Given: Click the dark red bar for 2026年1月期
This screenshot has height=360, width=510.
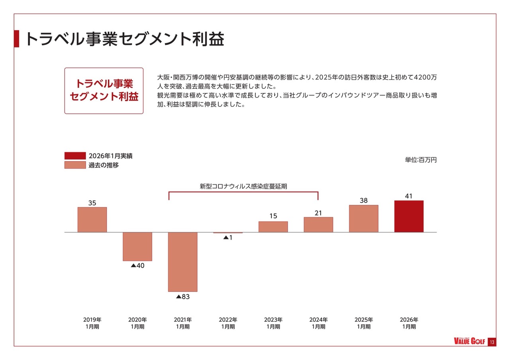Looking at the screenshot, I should tap(409, 216).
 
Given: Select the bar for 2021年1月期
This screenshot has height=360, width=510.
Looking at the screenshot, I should tap(182, 262).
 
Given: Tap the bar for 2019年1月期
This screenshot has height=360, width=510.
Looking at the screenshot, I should tap(92, 219).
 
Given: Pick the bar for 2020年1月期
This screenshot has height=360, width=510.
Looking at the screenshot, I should tap(137, 246).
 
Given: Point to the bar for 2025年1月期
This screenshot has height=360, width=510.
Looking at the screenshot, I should tap(363, 218).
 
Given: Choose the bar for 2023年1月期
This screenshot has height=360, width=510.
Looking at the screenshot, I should tap(273, 227).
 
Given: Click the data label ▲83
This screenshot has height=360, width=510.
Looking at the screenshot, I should tap(182, 297).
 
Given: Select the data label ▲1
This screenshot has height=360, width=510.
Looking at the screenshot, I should tap(228, 238).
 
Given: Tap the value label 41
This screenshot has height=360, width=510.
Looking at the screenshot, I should tap(408, 196).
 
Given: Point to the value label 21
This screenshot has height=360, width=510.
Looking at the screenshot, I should tap(318, 213).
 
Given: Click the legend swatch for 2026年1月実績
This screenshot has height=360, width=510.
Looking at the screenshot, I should tap(75, 156).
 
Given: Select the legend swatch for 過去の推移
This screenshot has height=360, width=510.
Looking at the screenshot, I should tap(75, 165).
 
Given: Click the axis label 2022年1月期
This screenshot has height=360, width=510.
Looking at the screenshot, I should tap(228, 323).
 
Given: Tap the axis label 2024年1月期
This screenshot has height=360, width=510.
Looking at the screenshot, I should tap(318, 323).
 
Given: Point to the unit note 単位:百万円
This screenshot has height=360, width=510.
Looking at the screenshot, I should tap(421, 160).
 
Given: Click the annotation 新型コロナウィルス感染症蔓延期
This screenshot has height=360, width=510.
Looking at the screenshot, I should tap(243, 186).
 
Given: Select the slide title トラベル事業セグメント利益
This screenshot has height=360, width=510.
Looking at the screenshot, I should tap(125, 39).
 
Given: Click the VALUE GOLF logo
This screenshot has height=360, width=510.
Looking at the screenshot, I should tap(470, 342).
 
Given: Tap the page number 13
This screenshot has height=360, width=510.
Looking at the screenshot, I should tap(492, 342).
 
